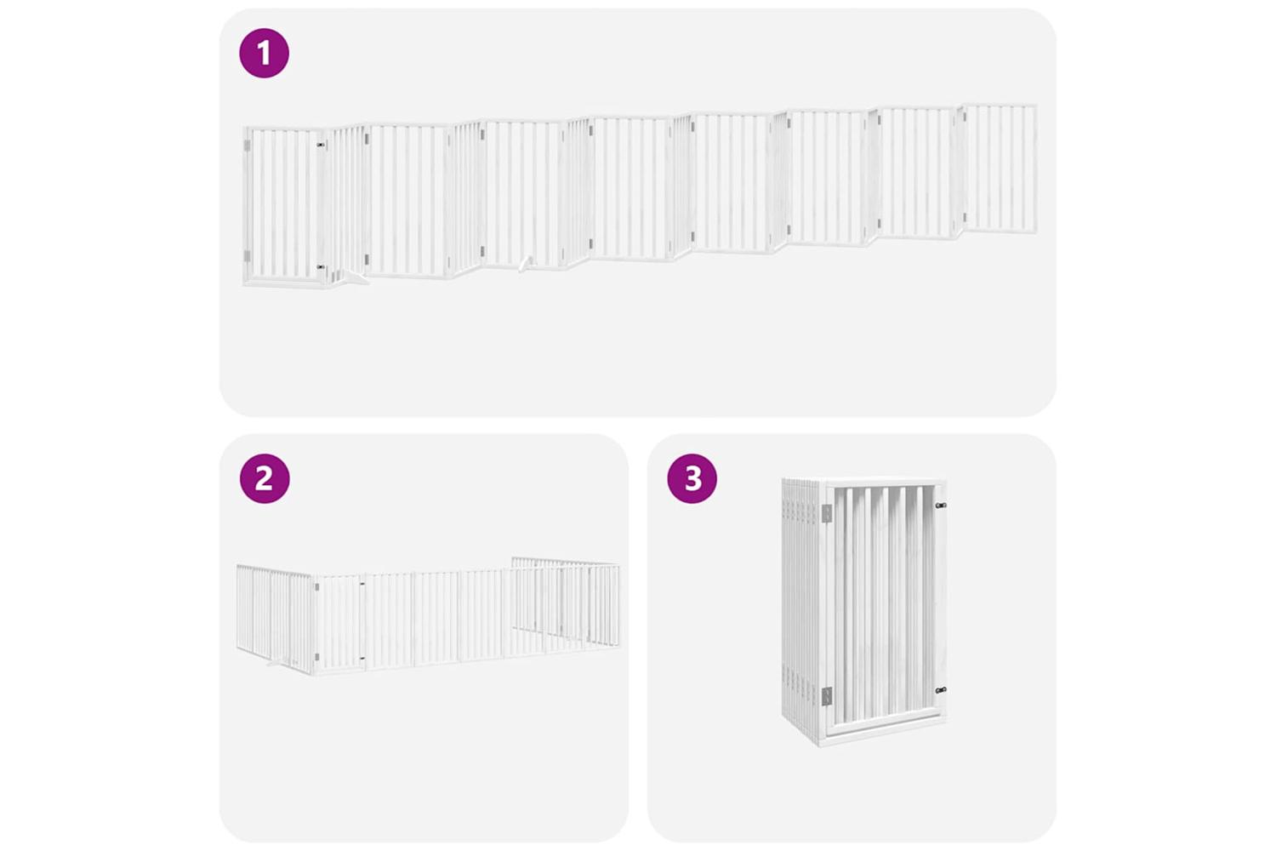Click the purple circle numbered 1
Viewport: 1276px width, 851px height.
pos(265,53)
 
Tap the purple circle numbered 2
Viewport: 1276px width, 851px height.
pos(265,478)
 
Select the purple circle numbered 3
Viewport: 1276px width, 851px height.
pos(692,478)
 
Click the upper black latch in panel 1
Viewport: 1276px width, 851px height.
pos(322,145)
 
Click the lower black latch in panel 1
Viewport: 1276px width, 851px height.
pos(322,266)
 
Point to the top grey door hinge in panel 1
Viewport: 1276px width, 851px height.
pos(248,146)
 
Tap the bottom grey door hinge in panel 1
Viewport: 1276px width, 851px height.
pos(248,256)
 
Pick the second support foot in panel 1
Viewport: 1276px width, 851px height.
pos(527,264)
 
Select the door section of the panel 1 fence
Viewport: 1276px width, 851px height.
pos(283,206)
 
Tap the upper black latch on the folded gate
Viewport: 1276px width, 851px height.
pos(941,505)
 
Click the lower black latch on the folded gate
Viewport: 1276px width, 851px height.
pos(941,690)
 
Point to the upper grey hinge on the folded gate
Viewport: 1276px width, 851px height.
pos(827,513)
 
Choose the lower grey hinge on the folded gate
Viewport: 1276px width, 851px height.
pos(827,696)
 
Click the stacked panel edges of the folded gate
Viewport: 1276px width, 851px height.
pos(801,611)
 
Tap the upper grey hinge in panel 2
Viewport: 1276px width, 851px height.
pos(316,586)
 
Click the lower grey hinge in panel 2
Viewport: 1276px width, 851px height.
pos(316,657)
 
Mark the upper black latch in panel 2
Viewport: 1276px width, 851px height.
pos(362,584)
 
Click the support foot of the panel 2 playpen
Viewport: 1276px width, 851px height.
pos(276,663)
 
